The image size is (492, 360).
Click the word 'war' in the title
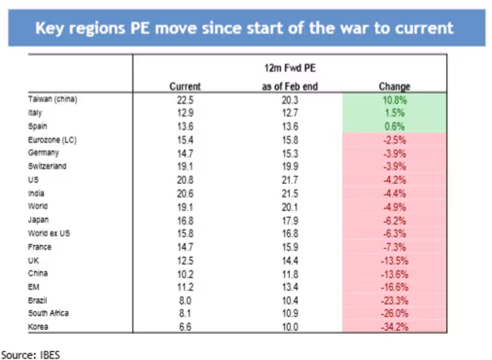tap(354, 29)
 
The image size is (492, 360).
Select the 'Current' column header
tap(185, 86)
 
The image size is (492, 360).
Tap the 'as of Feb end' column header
tap(290, 86)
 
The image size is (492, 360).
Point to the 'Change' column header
tap(394, 86)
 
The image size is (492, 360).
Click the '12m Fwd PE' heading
tap(290, 68)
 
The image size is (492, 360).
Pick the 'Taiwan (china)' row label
tap(52, 99)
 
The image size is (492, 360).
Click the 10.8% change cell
tap(394, 101)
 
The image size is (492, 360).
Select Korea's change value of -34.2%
tap(394, 327)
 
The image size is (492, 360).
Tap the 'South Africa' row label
tap(48, 313)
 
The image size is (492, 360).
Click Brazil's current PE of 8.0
tap(185, 301)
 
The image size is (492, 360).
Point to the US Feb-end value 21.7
tap(290, 180)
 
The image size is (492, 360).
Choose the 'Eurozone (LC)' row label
tap(52, 140)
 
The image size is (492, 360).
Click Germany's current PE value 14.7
tap(185, 154)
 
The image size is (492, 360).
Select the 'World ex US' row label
tap(49, 233)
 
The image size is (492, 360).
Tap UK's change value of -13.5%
tap(394, 261)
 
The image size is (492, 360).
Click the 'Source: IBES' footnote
tap(31, 355)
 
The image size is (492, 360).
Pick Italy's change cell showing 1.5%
tap(394, 113)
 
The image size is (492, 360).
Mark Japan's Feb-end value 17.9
tap(290, 220)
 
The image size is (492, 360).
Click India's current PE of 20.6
tap(185, 193)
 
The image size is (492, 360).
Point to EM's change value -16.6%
tap(394, 287)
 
